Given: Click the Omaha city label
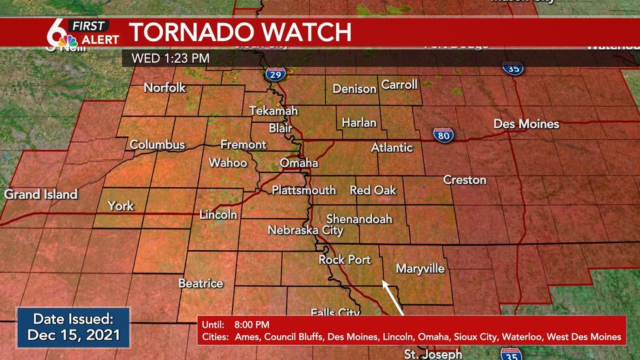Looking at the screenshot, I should [298, 163].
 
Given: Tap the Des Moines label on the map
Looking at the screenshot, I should [526, 124].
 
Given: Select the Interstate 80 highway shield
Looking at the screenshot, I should [443, 135].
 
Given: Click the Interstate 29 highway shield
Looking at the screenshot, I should [274, 74].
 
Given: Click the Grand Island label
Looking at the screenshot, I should [40, 194].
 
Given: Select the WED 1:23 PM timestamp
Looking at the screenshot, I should [170, 57].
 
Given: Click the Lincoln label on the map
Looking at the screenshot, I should [218, 215].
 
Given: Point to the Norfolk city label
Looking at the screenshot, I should [165, 88].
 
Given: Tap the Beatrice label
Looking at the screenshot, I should [200, 284].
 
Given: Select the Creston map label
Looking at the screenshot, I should [464, 180].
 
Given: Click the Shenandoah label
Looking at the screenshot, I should [359, 219].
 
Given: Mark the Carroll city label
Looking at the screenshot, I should [399, 85].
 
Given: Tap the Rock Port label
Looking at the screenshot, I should [344, 259].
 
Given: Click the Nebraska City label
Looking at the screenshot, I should [305, 230].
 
